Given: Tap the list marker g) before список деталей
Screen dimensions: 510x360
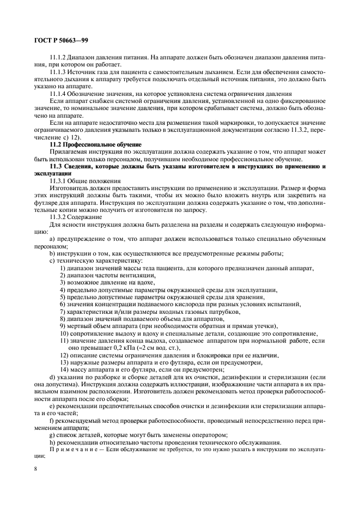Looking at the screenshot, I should click(52, 435).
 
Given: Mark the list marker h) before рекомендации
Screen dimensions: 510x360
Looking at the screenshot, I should click(52, 442).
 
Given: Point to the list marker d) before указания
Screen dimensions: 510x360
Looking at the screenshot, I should click(52, 377).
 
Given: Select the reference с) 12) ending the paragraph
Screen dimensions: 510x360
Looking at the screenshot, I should click(68, 137).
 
